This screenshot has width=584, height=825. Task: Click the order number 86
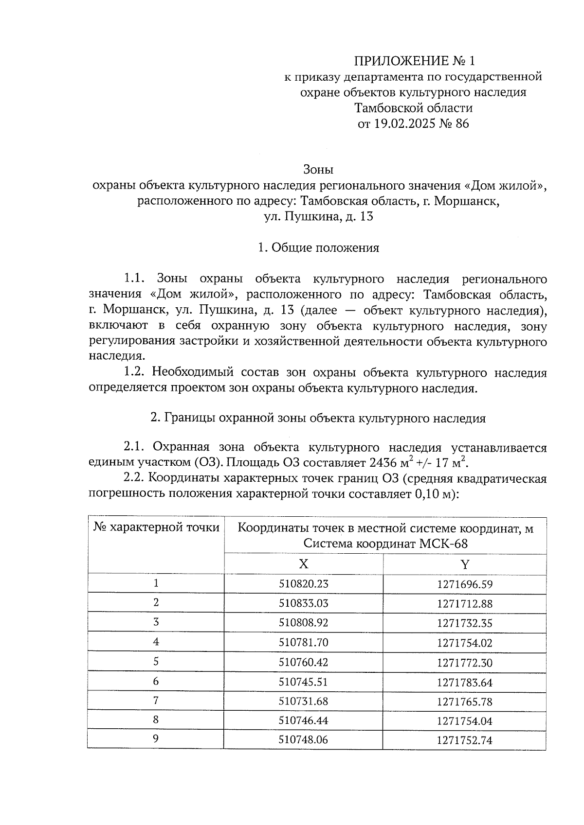tap(462, 123)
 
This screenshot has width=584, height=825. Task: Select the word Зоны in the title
tap(318, 170)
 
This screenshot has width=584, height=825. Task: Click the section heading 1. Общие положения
tap(318, 248)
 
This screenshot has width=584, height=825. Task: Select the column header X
tap(303, 564)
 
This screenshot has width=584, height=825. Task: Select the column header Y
tap(465, 564)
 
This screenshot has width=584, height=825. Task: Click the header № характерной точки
tap(156, 527)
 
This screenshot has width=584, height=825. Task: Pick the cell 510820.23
tap(303, 584)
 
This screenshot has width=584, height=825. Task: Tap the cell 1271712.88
tap(465, 604)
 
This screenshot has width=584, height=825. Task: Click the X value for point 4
tap(303, 643)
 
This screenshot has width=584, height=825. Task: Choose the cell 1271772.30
tap(465, 663)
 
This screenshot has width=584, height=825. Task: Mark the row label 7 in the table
tap(156, 701)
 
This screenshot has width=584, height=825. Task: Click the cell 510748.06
tap(303, 740)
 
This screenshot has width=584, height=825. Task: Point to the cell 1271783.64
tap(465, 682)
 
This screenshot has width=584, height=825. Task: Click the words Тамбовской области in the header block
tap(413, 107)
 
